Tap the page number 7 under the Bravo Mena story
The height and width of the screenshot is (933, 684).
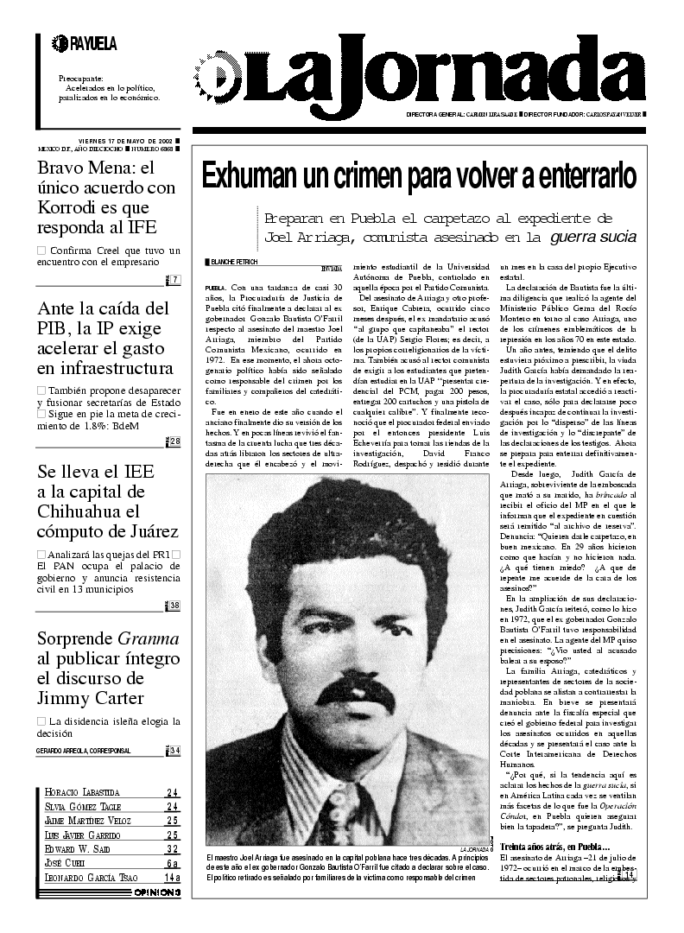click(x=174, y=279)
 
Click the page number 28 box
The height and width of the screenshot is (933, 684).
click(x=174, y=442)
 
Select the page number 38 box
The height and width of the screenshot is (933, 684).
click(x=174, y=605)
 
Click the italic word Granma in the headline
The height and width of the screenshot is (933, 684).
click(x=148, y=639)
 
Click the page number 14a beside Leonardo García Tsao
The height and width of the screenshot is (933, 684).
click(x=172, y=877)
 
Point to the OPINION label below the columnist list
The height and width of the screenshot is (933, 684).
click(x=156, y=892)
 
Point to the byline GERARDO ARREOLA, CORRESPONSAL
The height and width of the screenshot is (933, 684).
click(x=84, y=751)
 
